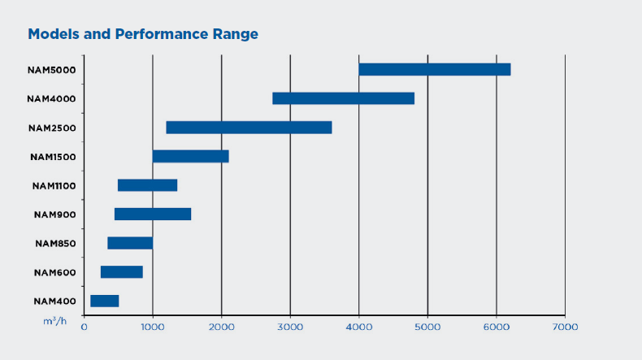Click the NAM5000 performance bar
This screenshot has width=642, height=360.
pos(435,70)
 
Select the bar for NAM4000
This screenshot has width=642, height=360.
pos(343,98)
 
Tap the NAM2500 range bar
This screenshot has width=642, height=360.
pos(249,128)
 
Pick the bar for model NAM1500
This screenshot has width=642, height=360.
pos(191,157)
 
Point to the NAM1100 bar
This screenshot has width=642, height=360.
pos(147,185)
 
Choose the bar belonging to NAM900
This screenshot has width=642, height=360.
pos(153,215)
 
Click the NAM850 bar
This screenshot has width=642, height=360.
pos(130,243)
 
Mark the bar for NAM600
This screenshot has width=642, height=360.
pos(122,272)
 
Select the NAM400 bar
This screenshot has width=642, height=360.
pos(104,301)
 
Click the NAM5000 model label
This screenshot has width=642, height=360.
pos(51,70)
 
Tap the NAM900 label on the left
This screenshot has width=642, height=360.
pos(55,215)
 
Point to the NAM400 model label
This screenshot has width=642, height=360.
pos(55,301)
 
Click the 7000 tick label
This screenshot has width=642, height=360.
pos(565,327)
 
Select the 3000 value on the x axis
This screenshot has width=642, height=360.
pos(290,327)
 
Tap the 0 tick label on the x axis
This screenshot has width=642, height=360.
pos(84,327)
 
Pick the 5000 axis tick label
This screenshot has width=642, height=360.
pos(427,327)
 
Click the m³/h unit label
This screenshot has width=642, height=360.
pos(55,321)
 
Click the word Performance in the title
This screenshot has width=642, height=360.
pos(162,34)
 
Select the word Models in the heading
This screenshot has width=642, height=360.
pos(54,34)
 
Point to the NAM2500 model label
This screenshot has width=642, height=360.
pos(52,128)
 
